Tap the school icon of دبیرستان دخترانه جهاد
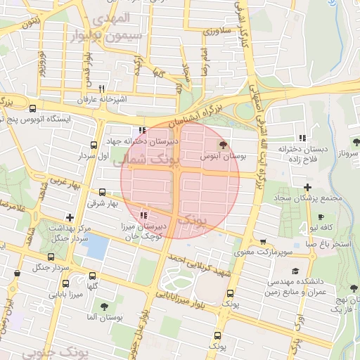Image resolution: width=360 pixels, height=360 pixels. pos(143,130)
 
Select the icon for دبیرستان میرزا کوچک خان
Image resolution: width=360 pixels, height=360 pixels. pos(143,215)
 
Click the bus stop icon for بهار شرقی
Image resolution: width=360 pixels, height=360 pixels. pos(103,192)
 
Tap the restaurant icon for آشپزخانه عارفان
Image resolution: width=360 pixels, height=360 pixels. pos(102,89)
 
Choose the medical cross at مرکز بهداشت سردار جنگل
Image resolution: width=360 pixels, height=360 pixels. pos(69,218)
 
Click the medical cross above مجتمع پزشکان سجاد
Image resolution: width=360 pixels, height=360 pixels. pos(307,186)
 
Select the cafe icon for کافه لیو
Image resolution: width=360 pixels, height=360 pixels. pos(321,217)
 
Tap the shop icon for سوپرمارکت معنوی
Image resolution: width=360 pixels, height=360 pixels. pos(262,240)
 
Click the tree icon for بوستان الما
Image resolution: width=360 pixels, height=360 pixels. pos(104,307)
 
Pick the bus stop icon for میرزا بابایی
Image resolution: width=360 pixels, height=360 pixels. pos(56,285)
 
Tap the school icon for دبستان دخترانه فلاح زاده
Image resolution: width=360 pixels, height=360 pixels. pos(302,138)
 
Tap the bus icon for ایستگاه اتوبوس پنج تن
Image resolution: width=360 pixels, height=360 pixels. pos(33,108)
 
